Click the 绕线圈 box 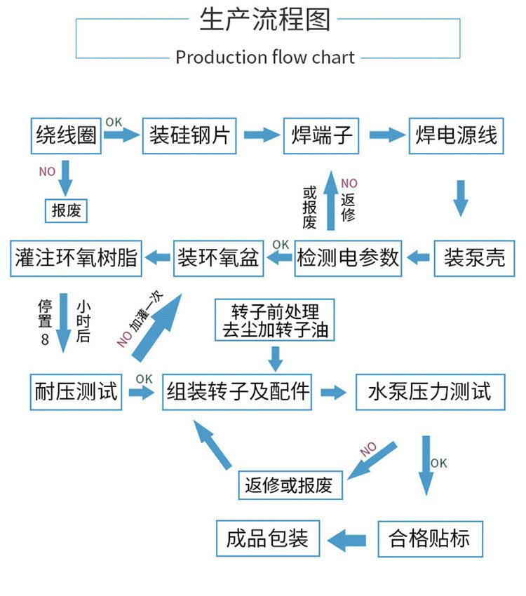(67, 135)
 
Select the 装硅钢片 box (189, 135)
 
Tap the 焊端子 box (321, 135)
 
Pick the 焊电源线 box (457, 135)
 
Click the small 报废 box (67, 210)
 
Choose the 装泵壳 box (474, 257)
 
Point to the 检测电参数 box (349, 257)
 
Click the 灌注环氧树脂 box (76, 257)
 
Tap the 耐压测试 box (76, 391)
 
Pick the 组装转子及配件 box (238, 391)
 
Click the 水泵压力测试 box (429, 391)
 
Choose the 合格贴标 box (429, 539)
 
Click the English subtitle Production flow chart (265, 57)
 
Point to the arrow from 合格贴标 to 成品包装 (348, 539)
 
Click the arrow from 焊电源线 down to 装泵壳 (460, 198)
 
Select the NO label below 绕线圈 (46, 171)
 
